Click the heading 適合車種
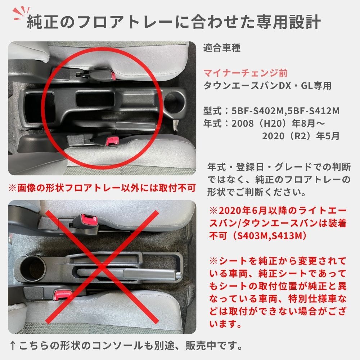pos(222,48)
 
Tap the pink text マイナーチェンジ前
pos(245,73)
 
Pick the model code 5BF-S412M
pos(314,111)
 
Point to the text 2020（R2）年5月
pos(301,136)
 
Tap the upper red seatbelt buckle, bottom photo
pos(89,220)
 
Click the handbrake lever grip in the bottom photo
pos(152,273)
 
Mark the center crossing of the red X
pos(102,267)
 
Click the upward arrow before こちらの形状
pos(13,346)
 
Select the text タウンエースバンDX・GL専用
pos(267,86)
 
